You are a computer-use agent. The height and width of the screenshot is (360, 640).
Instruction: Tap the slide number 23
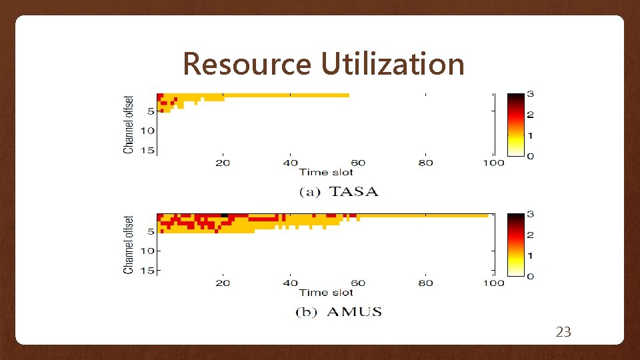tap(563, 331)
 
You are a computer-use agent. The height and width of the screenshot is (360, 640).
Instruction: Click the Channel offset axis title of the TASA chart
tap(128, 124)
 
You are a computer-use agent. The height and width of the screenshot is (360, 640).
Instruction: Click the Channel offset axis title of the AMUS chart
tap(128, 244)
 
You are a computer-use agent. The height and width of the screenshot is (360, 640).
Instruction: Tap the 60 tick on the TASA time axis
tap(358, 163)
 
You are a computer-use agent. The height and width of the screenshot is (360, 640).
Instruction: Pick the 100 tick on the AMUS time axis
tap(493, 283)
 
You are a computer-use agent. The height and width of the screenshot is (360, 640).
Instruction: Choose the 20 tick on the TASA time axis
tap(223, 163)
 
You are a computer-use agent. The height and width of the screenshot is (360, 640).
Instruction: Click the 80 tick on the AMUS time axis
tap(425, 283)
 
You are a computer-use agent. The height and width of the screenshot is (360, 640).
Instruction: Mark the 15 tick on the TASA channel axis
tap(147, 150)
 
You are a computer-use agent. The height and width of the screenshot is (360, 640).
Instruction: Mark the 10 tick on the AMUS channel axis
tap(147, 251)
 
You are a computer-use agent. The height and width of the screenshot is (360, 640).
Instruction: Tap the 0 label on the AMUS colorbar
tap(530, 276)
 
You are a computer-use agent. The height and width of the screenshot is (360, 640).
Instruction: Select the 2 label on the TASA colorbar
tap(530, 115)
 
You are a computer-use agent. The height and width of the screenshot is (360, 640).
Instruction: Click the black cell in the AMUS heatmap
tap(224, 215)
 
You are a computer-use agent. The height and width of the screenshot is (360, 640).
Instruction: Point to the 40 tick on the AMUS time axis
tap(290, 283)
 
